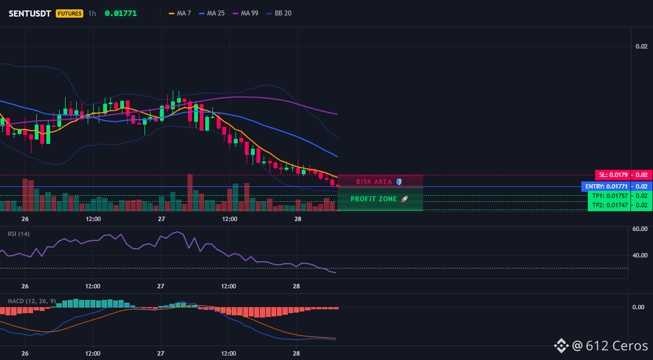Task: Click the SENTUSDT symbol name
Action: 30,13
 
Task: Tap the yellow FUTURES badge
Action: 69,13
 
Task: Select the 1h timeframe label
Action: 92,13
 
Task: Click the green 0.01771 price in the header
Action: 121,13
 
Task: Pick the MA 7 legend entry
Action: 180,13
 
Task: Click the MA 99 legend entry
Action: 246,13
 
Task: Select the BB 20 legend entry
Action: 279,13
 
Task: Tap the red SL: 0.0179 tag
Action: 613,175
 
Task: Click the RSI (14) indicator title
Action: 19,234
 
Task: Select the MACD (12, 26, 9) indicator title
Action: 31,301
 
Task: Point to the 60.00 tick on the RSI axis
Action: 640,229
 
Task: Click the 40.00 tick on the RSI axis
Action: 640,255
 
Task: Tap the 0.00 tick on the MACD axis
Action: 639,307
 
